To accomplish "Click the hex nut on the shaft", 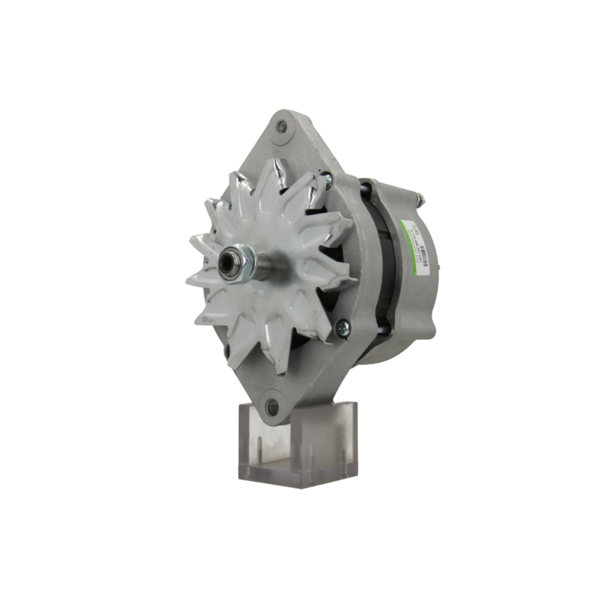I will pyautogui.click(x=245, y=264).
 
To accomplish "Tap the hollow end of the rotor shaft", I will pyautogui.click(x=228, y=265).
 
